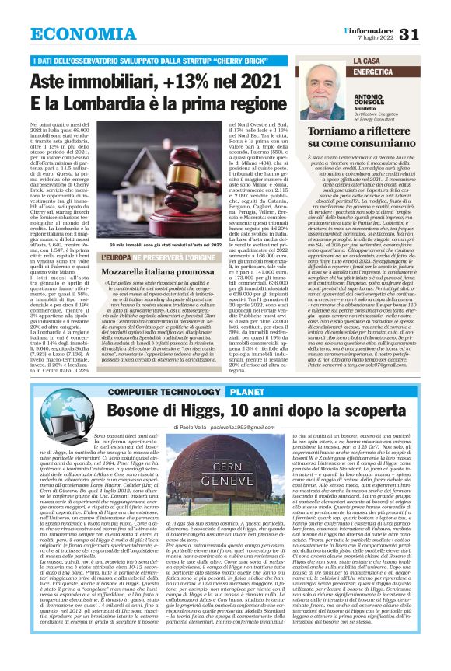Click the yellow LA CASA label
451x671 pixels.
point(368,61)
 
